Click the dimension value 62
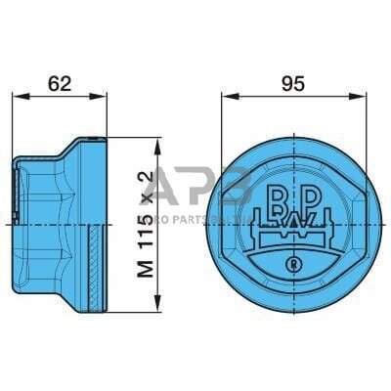(61, 84)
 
